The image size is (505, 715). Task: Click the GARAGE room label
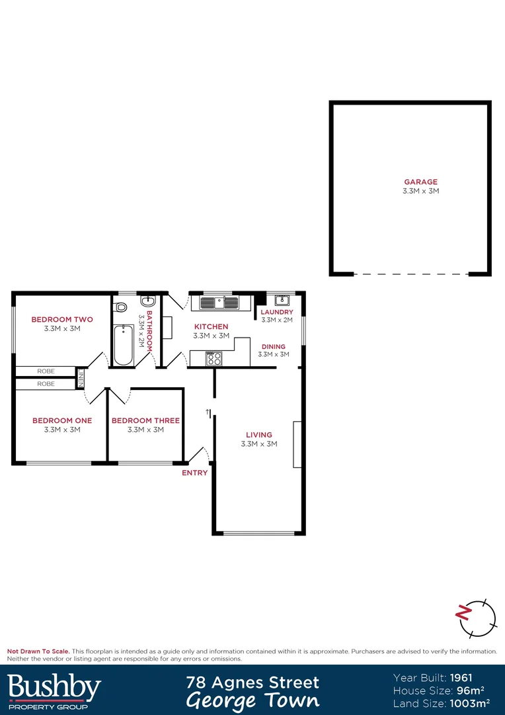tap(421, 182)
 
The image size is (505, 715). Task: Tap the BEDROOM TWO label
tap(62, 320)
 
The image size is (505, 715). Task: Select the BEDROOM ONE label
tap(62, 420)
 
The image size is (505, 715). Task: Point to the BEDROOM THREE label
tap(145, 420)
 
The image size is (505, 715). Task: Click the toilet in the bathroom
tap(120, 308)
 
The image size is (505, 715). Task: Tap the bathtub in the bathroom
tap(124, 344)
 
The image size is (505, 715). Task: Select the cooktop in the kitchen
tap(214, 359)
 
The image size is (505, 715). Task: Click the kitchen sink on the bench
tap(218, 303)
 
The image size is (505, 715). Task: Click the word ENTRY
tap(195, 473)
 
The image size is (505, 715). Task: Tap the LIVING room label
tap(259, 435)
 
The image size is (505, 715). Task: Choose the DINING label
tap(274, 346)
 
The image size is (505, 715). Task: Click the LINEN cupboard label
tap(81, 378)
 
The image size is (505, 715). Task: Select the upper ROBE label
tap(46, 371)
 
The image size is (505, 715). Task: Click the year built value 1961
tap(461, 677)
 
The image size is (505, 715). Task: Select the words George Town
tap(252, 700)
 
